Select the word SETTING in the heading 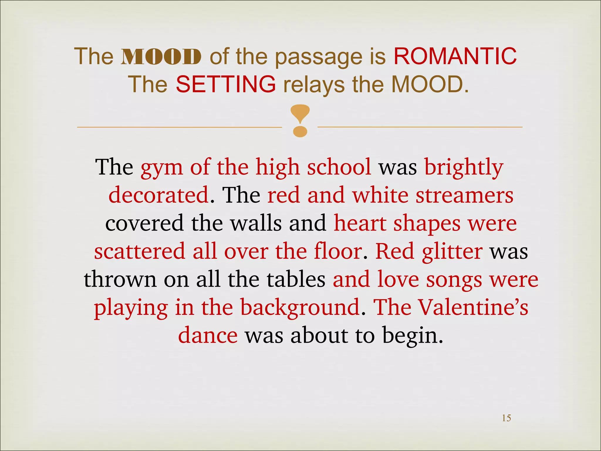click(226, 84)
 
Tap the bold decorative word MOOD click(161, 56)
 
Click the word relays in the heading click(314, 85)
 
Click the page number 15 click(506, 418)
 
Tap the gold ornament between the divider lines click(300, 121)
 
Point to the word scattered click(140, 251)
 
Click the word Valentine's click(473, 307)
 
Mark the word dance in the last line click(208, 335)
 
